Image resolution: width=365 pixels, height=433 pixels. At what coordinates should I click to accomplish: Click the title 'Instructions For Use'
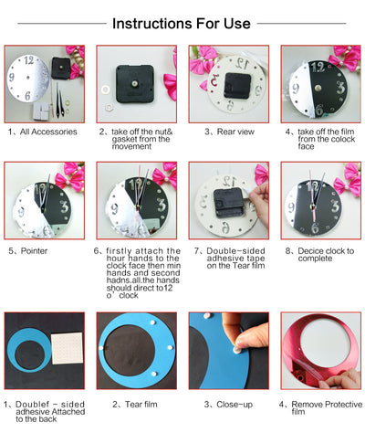coord(182,24)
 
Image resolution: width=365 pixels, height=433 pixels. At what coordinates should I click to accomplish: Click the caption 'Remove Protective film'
coord(320,407)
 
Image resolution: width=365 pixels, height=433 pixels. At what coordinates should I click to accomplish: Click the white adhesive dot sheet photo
coord(45,352)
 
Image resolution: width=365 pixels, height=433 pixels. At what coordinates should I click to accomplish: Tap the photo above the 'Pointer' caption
coord(45,201)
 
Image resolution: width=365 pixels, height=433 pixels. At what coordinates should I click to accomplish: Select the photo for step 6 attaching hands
coord(136,201)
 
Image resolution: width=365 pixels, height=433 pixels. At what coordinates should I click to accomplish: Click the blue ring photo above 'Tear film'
coord(136,352)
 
